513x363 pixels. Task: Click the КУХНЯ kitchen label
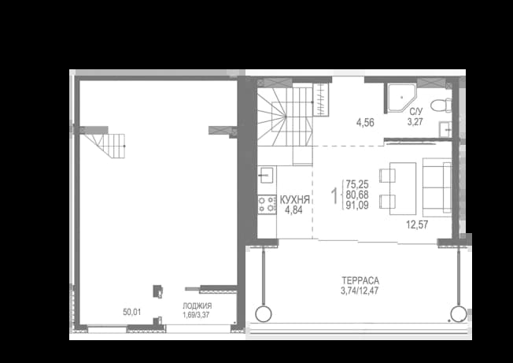[x=295, y=200]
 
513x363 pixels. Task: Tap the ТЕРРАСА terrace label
[x=360, y=280]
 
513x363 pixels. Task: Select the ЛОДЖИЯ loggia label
[x=197, y=306]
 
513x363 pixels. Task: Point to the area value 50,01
[x=132, y=313]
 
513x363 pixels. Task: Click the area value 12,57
[x=417, y=225]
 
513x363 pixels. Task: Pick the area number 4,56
[x=365, y=123]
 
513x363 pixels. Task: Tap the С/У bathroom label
[x=415, y=112]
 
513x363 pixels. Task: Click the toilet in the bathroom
[x=441, y=106]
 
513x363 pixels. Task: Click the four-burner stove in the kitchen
[x=267, y=205]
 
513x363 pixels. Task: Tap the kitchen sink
[x=267, y=176]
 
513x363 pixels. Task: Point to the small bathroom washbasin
[x=445, y=130]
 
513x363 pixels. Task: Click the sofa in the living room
[x=437, y=187]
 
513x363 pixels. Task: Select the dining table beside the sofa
[x=403, y=188]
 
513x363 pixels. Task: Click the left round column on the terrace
[x=263, y=314]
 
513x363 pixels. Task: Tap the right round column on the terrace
[x=459, y=314]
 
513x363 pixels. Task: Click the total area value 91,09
[x=357, y=206]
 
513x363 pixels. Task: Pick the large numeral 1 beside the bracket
[x=334, y=196]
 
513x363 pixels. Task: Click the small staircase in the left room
[x=105, y=143]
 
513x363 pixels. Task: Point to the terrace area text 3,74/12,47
[x=360, y=291]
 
